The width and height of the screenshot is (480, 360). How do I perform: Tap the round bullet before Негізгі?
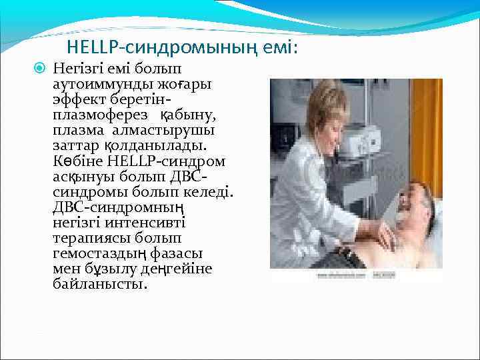[40, 68]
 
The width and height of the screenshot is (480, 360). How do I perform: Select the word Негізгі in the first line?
[79, 68]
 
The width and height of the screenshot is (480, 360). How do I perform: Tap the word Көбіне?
[75, 161]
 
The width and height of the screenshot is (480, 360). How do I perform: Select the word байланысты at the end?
[99, 284]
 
